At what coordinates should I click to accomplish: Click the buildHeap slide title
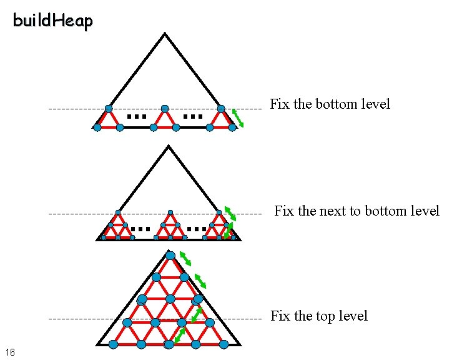(52, 21)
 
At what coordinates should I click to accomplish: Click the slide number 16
(9, 352)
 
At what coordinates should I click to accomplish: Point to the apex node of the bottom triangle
(170, 256)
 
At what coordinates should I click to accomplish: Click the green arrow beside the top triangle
(238, 117)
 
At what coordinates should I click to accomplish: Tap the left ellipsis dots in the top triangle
(136, 116)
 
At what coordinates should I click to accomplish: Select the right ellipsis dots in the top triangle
(193, 116)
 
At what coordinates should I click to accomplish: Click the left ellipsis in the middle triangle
(142, 229)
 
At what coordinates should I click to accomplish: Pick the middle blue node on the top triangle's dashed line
(165, 109)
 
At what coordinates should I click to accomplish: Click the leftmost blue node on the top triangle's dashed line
(109, 109)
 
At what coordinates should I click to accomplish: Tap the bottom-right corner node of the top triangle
(232, 127)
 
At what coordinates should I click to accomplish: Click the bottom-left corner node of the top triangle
(97, 127)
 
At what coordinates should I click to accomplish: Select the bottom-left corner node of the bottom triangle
(113, 344)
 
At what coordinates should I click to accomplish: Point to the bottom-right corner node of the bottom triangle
(224, 344)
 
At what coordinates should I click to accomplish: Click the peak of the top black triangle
(165, 34)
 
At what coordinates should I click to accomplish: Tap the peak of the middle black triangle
(167, 147)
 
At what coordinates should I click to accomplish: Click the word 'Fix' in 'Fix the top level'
(278, 316)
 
